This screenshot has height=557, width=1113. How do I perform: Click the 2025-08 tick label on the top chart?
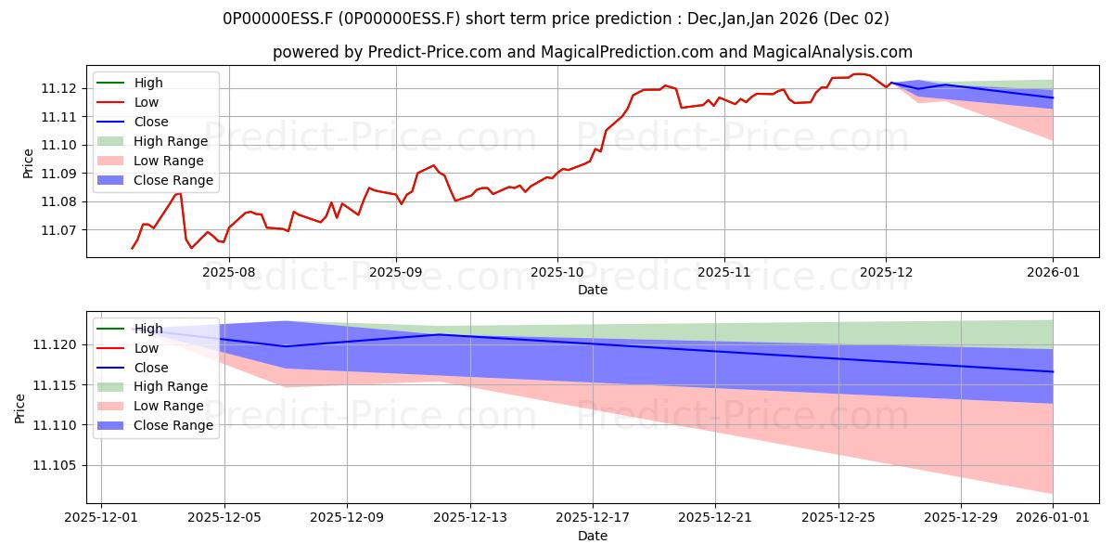(228, 272)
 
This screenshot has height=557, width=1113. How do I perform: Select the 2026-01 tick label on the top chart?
(1053, 272)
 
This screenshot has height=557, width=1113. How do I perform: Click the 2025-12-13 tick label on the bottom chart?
(470, 518)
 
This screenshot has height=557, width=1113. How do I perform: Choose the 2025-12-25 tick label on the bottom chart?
(838, 518)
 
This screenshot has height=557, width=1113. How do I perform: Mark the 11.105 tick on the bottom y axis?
(58, 465)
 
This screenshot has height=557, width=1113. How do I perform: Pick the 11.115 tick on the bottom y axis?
(58, 385)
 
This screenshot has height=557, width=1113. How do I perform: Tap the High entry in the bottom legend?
(148, 329)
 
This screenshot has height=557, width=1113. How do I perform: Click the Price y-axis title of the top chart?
(28, 164)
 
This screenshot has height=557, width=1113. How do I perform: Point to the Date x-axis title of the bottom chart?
(593, 536)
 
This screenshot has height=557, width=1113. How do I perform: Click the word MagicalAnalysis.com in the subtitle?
(832, 52)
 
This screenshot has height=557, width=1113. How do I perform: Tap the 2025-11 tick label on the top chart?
(723, 272)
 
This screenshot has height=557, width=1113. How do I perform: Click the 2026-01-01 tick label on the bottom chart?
(1053, 518)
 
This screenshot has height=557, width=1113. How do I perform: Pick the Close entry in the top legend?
(151, 122)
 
